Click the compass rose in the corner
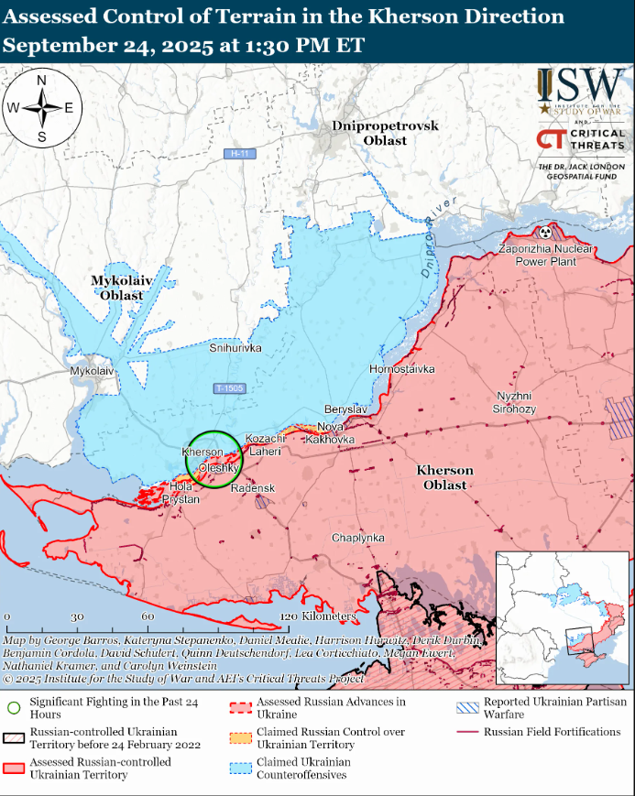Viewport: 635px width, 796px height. (x=42, y=107)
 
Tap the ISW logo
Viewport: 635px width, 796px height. (x=581, y=86)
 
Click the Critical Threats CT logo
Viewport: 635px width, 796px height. (x=551, y=140)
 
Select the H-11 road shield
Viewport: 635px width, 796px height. (x=240, y=154)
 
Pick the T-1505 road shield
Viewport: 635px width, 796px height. (x=229, y=388)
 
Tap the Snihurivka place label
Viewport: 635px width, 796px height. (x=235, y=349)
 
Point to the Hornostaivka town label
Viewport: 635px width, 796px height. (x=401, y=368)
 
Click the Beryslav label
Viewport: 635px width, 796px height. (x=345, y=409)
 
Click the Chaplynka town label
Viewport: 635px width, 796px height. (x=358, y=538)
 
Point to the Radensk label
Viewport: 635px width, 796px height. (x=253, y=488)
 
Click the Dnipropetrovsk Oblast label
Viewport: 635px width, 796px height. (x=385, y=133)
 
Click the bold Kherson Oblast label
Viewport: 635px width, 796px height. (x=445, y=477)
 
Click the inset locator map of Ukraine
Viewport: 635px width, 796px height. (x=563, y=618)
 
